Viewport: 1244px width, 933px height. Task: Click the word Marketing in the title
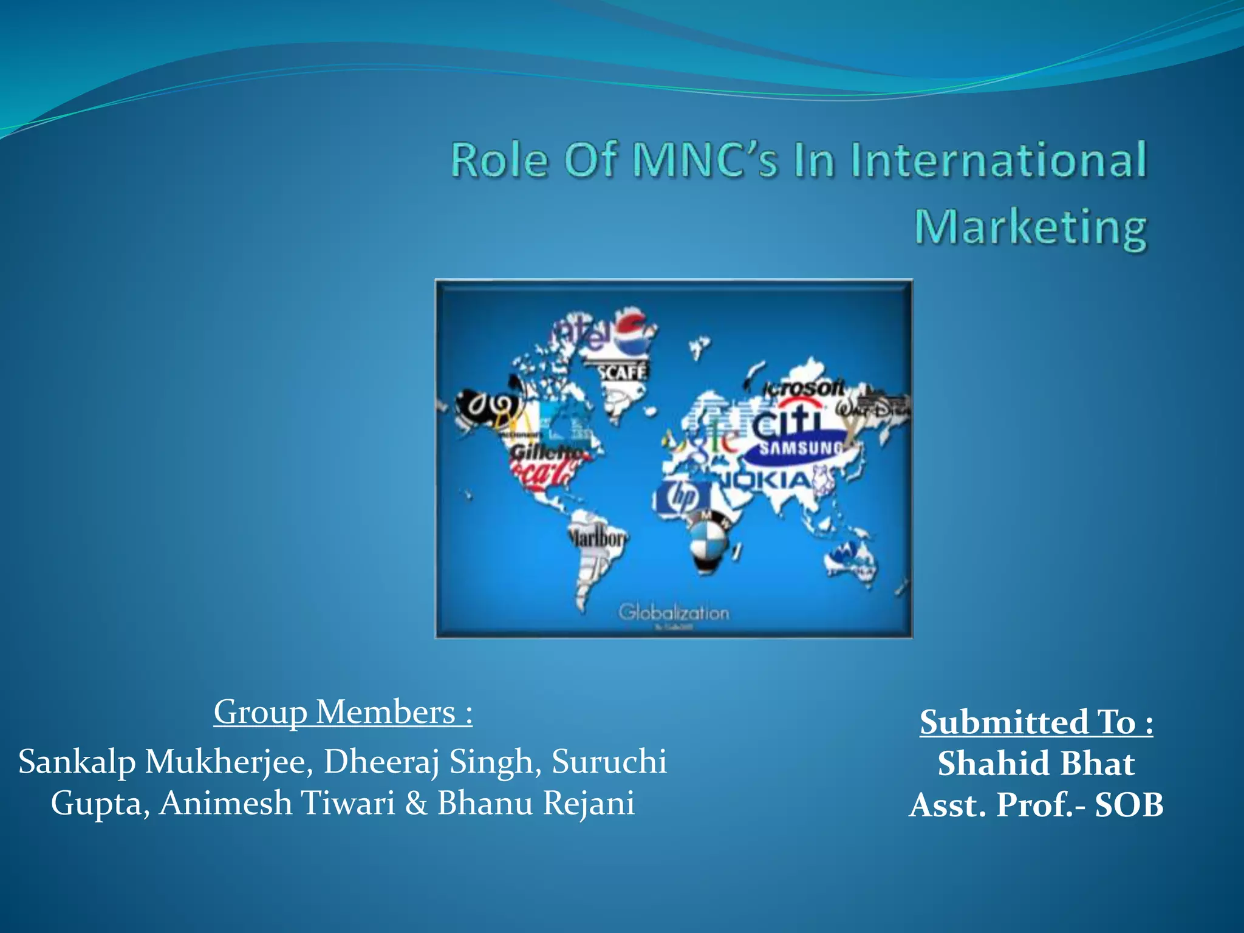(1030, 228)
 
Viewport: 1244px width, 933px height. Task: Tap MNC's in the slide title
(705, 160)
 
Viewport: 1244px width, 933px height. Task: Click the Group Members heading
(343, 712)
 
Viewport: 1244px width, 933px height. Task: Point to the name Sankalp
(77, 762)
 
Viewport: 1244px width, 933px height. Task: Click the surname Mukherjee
(229, 762)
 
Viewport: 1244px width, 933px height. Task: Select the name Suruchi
(609, 762)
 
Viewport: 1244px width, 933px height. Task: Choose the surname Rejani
(588, 803)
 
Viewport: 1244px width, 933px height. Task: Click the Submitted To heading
(1036, 722)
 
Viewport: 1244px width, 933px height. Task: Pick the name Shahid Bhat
(1036, 763)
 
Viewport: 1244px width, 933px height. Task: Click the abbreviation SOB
(1129, 805)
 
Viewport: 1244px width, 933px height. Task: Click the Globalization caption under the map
(674, 612)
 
